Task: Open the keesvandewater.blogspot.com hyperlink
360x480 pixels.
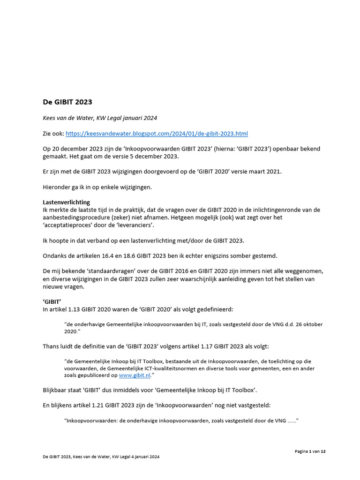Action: coord(157,134)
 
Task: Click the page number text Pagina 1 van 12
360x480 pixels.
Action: coord(310,451)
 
